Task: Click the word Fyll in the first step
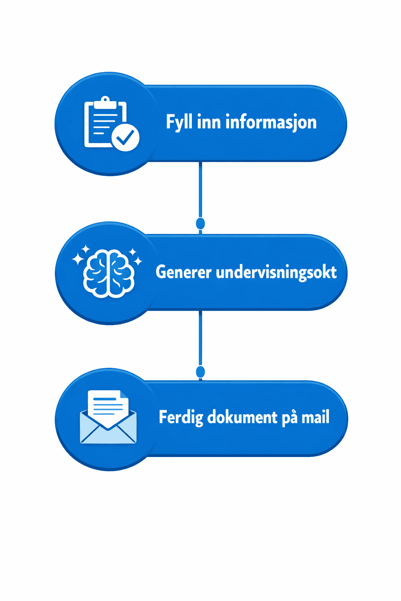[179, 122]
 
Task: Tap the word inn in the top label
[209, 122]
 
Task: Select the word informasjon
[271, 122]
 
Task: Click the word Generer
[183, 272]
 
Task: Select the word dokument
[242, 417]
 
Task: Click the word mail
[315, 417]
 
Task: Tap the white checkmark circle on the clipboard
[125, 138]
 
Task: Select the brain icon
[108, 273]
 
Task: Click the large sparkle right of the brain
[138, 261]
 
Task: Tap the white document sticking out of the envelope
[108, 405]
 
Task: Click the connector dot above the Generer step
[200, 223]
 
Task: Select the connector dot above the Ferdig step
[200, 371]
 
